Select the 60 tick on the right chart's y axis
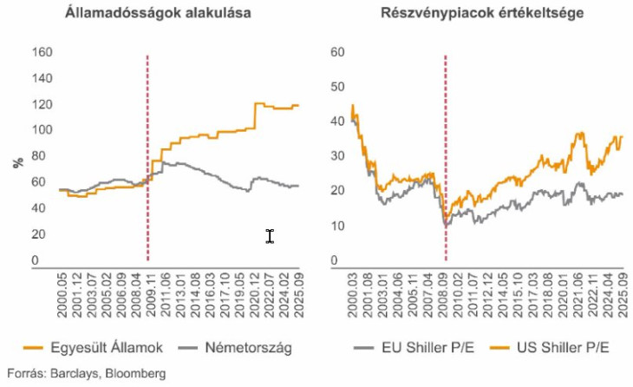[x=339, y=52]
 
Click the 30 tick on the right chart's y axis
[x=339, y=156]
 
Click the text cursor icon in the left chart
[x=270, y=236]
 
